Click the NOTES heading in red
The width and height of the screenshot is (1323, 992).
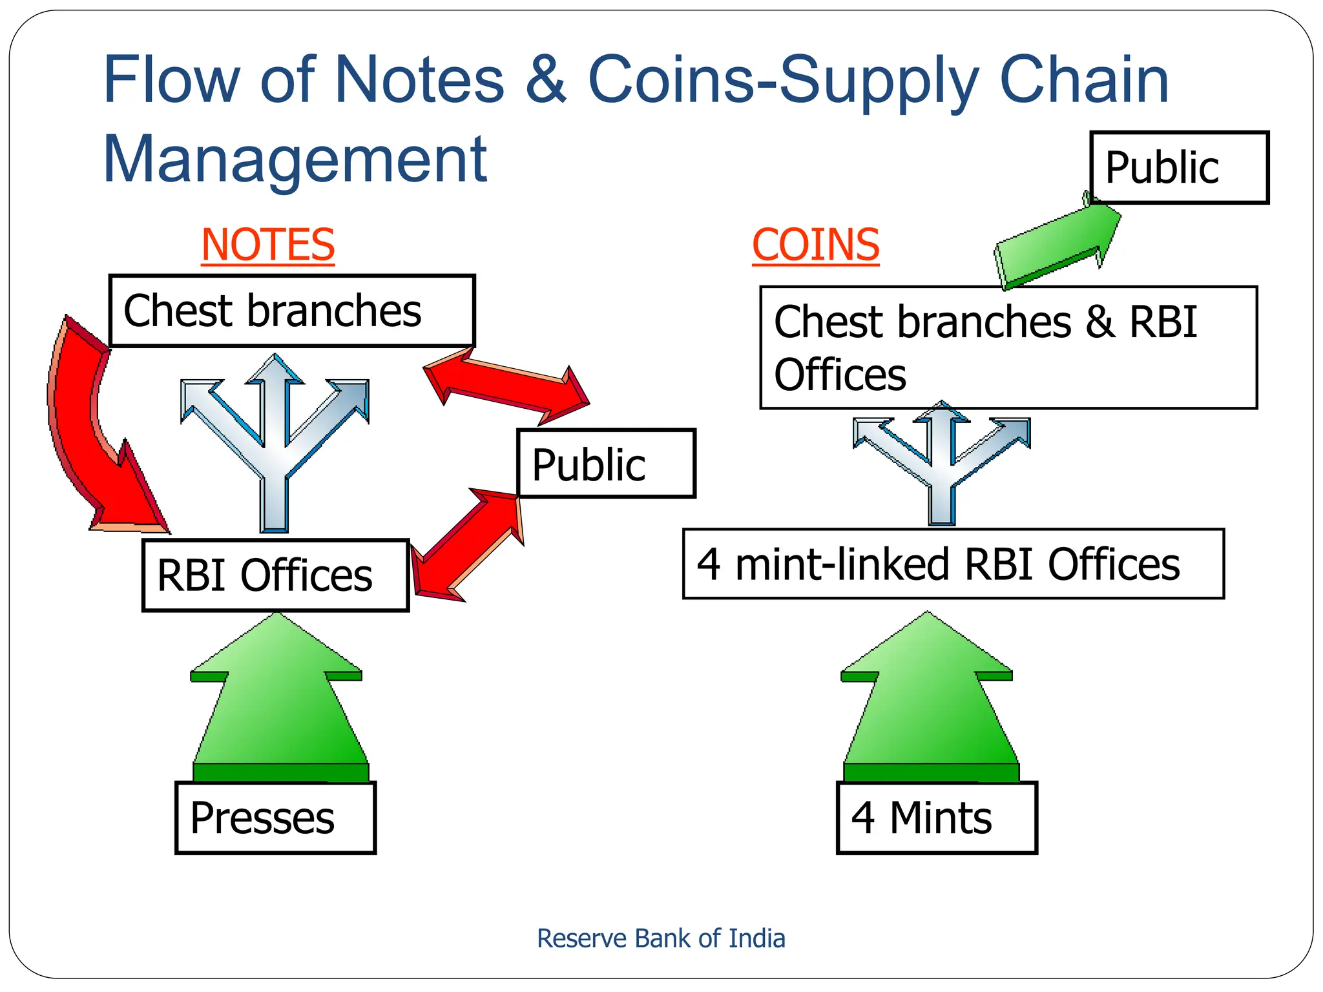click(x=267, y=245)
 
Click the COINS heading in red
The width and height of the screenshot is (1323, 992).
click(x=815, y=245)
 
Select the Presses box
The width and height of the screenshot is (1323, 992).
click(x=275, y=818)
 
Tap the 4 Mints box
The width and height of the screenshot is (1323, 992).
click(x=936, y=818)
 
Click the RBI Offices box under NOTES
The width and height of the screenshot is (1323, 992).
click(x=275, y=575)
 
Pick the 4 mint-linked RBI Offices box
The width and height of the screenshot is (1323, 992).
click(x=953, y=564)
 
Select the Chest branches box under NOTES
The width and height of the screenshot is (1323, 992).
click(x=292, y=311)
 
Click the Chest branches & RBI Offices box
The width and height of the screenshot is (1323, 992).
click(x=1008, y=347)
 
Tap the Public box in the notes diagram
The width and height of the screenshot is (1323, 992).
click(x=606, y=464)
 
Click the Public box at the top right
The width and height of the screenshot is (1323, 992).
click(x=1179, y=167)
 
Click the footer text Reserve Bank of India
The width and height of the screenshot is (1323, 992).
click(x=660, y=938)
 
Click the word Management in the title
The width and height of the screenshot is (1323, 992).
click(x=295, y=159)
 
